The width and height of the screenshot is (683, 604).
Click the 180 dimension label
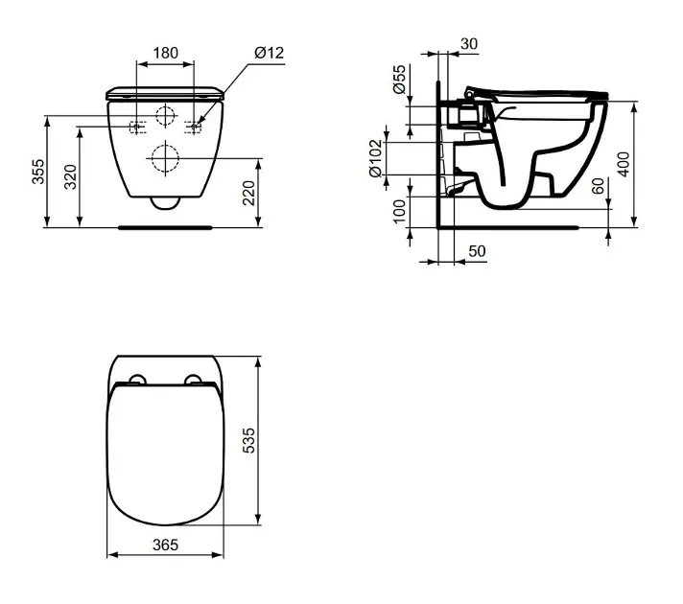coord(166,53)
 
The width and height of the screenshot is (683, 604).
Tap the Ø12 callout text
coord(270,53)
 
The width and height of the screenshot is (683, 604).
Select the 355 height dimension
coord(38,172)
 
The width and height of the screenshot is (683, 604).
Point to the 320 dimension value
coord(70,176)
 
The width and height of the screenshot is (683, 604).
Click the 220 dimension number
coord(248,193)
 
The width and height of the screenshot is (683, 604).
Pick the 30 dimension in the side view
coord(469,43)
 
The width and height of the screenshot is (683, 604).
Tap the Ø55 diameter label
coord(399,80)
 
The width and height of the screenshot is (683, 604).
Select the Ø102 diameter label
coord(375,158)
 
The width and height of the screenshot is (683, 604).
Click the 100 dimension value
coord(399,212)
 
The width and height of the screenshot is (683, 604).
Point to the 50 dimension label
coord(477,251)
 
